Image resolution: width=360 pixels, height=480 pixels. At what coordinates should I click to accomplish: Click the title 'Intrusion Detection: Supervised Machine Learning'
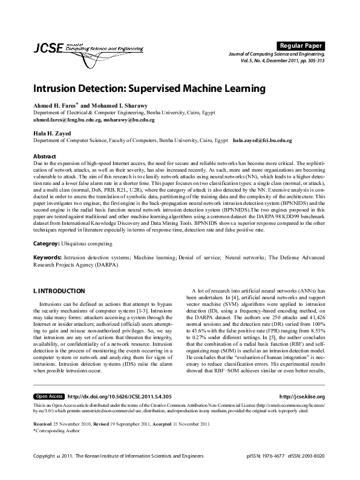149,88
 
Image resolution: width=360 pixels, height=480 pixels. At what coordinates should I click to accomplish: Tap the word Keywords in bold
48,257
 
